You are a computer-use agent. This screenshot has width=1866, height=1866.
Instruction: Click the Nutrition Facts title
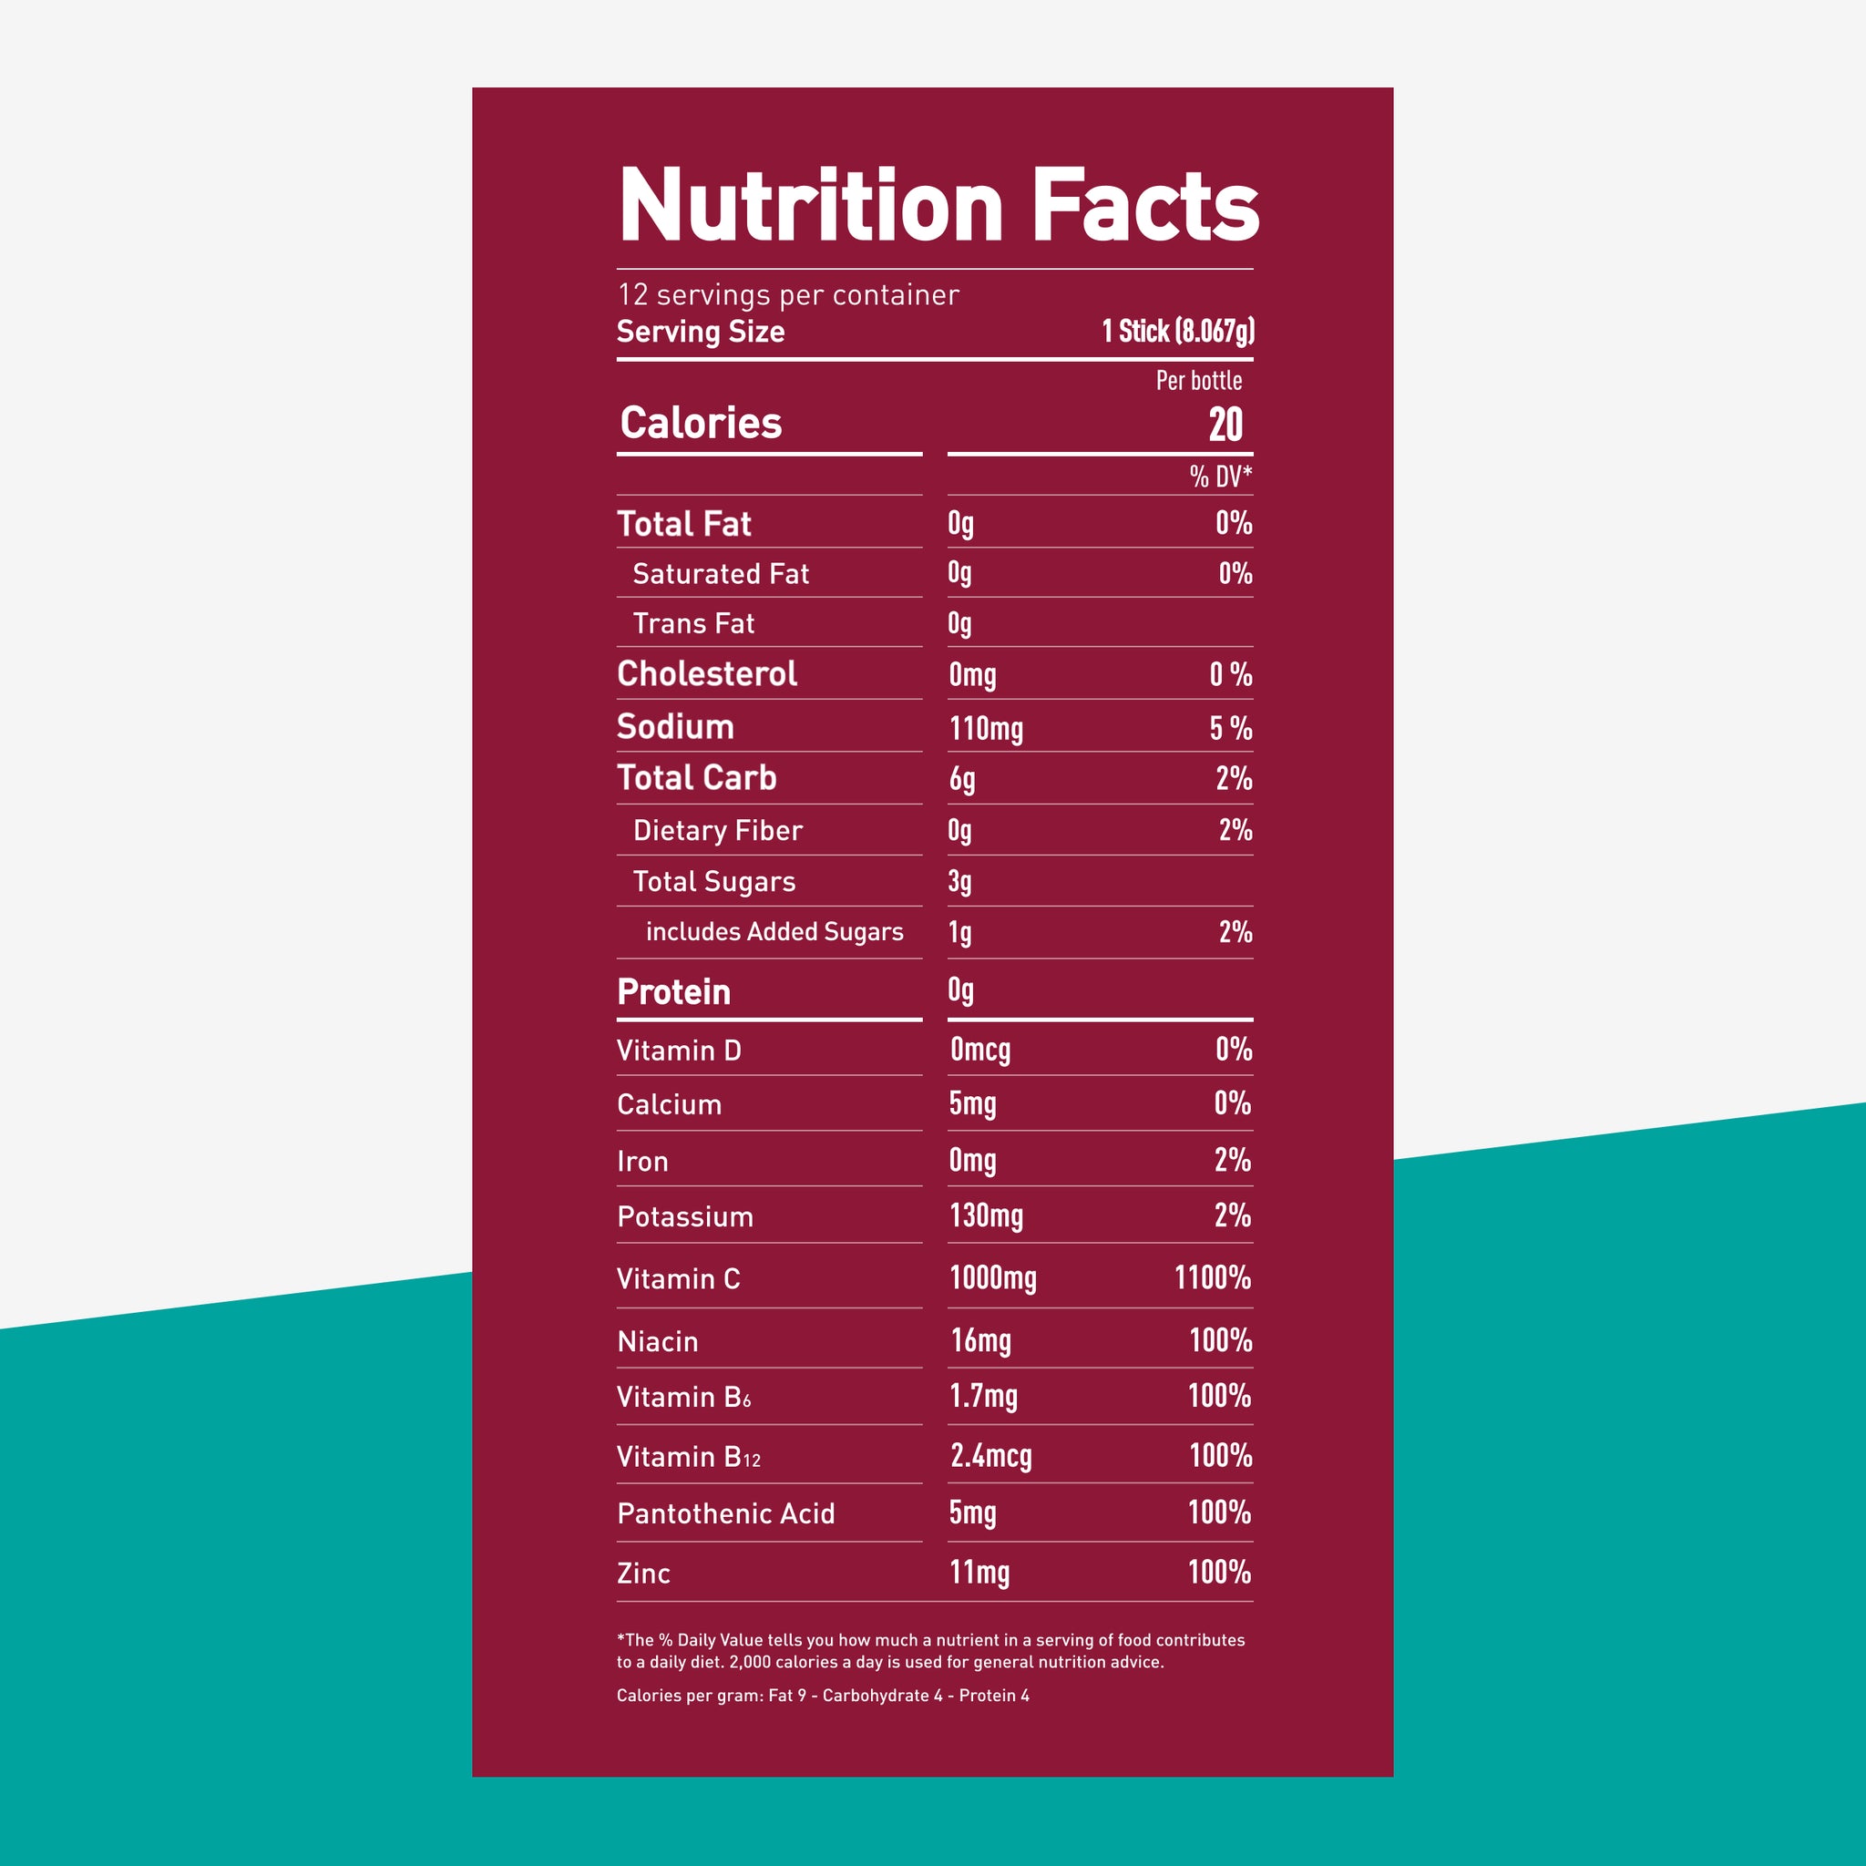click(x=938, y=206)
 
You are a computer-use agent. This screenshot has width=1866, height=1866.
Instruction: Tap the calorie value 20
click(x=1225, y=425)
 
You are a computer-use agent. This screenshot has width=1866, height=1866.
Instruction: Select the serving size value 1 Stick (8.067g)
click(x=1177, y=332)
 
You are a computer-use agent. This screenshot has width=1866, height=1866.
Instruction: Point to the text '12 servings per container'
click(x=788, y=294)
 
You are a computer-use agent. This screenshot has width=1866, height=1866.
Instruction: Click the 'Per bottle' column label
click(x=1199, y=381)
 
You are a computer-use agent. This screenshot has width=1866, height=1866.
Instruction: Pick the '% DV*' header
click(x=1220, y=477)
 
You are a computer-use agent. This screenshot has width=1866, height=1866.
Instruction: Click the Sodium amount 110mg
click(x=986, y=728)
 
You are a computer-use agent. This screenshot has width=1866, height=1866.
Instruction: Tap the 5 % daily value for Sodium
click(x=1230, y=728)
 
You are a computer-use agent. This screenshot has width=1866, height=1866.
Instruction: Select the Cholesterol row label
click(x=707, y=674)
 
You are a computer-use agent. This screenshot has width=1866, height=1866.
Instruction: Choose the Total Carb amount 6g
click(x=962, y=778)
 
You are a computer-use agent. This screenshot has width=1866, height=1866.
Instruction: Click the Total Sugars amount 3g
click(x=960, y=882)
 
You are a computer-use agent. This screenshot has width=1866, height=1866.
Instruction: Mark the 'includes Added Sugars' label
click(x=774, y=932)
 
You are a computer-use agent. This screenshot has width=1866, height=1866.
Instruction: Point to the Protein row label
click(x=674, y=992)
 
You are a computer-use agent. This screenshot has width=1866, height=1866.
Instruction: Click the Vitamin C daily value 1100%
click(x=1212, y=1277)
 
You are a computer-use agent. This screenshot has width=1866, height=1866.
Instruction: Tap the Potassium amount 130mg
click(x=986, y=1216)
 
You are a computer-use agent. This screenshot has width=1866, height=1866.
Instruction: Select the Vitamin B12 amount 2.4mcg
click(x=991, y=1455)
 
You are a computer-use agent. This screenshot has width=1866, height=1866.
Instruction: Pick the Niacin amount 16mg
click(x=980, y=1340)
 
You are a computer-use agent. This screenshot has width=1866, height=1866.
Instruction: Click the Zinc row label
click(x=643, y=1574)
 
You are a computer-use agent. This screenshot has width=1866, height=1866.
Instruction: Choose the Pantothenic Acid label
click(x=726, y=1513)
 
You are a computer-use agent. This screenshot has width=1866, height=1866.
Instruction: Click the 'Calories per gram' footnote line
click(x=823, y=1695)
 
